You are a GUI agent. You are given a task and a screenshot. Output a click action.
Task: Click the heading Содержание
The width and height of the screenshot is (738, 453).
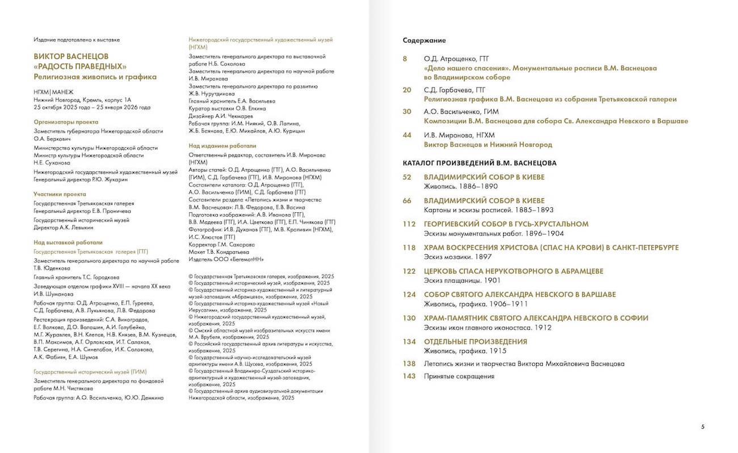click(424, 40)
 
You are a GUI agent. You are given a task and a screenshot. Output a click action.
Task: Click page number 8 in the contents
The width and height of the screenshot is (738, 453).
click(405, 59)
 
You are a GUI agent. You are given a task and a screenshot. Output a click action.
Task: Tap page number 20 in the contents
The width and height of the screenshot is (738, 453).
click(406, 90)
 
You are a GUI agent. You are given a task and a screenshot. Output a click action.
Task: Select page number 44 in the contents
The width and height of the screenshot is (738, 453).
click(406, 135)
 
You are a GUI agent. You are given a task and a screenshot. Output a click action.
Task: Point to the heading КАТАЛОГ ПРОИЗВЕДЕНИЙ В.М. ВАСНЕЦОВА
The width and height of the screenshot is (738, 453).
click(479, 163)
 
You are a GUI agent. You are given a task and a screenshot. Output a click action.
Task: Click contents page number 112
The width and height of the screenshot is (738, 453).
click(409, 224)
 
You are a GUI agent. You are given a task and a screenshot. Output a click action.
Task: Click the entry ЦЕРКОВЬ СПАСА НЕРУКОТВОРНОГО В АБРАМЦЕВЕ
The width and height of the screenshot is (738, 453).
click(513, 271)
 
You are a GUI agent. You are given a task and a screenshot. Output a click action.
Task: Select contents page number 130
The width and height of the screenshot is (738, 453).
click(409, 318)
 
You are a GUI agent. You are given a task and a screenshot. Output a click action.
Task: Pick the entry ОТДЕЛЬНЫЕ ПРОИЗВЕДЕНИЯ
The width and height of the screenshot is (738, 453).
click(475, 342)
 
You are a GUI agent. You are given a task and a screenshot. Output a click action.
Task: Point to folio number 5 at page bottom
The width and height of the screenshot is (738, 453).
click(703, 427)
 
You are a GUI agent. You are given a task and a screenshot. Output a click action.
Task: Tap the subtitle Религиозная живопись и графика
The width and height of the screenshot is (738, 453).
click(95, 77)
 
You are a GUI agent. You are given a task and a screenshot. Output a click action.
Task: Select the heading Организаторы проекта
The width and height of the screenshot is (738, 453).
click(66, 122)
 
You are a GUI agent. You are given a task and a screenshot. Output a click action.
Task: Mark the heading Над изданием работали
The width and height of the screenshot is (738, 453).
click(222, 146)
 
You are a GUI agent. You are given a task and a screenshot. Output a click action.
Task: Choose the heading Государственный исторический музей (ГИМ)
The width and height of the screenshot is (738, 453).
click(90, 371)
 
